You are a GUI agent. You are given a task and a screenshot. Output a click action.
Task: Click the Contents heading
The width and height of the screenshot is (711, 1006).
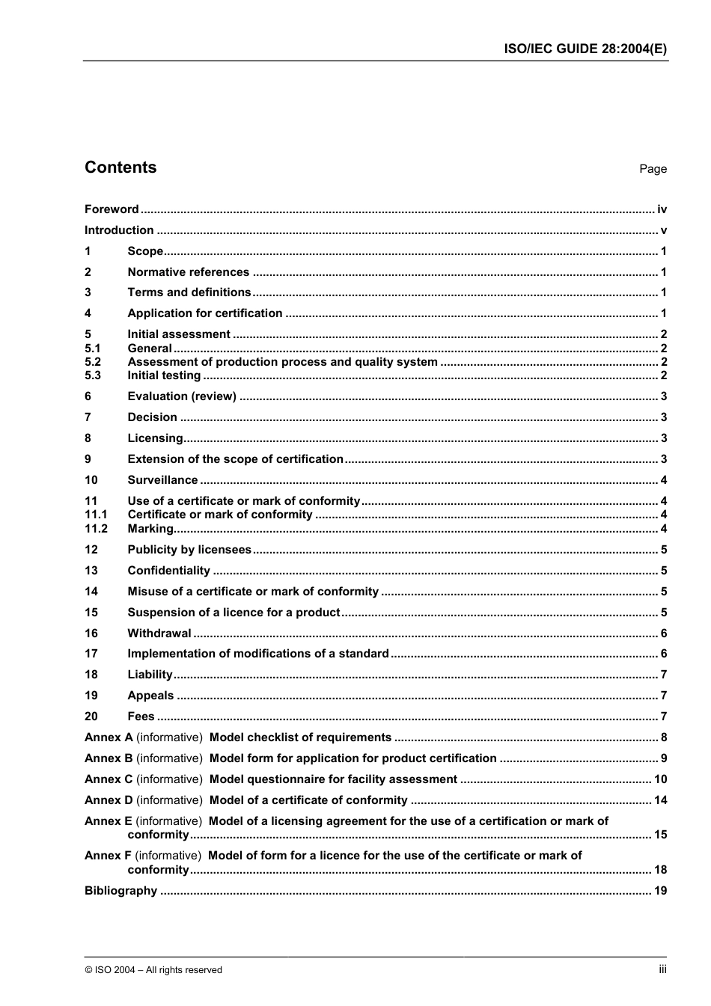pyautogui.click(x=120, y=168)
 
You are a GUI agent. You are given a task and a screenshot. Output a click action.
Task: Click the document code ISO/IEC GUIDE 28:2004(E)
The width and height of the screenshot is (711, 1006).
pyautogui.click(x=584, y=49)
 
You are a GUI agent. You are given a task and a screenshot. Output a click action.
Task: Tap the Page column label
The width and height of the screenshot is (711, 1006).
pyautogui.click(x=653, y=169)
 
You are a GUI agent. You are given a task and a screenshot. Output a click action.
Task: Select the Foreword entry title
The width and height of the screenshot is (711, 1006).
pyautogui.click(x=112, y=209)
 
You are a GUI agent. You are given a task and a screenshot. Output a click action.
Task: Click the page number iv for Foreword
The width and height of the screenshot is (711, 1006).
pyautogui.click(x=662, y=209)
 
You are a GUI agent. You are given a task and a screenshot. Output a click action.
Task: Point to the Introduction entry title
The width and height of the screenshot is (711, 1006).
pyautogui.click(x=119, y=230)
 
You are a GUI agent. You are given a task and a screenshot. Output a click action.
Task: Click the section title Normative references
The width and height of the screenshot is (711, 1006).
pyautogui.click(x=188, y=272)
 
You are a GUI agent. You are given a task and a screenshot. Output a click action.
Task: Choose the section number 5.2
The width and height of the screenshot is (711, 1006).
pyautogui.click(x=93, y=362)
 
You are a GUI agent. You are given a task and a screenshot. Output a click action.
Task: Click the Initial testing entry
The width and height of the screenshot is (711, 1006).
pyautogui.click(x=164, y=375)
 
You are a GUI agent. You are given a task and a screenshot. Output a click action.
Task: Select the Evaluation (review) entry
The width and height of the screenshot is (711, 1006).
pyautogui.click(x=182, y=396)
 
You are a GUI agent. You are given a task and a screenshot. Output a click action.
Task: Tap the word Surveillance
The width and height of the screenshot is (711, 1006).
pyautogui.click(x=162, y=480)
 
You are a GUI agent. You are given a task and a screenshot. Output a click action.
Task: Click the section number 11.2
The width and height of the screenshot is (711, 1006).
pyautogui.click(x=96, y=529)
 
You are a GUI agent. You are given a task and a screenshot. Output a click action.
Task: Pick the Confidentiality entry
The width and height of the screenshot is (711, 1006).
pyautogui.click(x=168, y=571)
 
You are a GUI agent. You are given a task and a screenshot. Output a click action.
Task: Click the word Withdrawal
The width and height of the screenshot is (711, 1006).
pyautogui.click(x=159, y=634)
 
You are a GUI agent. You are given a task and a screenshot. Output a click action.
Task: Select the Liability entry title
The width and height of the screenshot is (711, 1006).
pyautogui.click(x=150, y=675)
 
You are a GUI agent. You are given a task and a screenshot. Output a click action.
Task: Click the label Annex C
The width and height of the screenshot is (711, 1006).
pyautogui.click(x=109, y=779)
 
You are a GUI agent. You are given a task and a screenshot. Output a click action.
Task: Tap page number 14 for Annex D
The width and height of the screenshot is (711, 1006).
pyautogui.click(x=660, y=800)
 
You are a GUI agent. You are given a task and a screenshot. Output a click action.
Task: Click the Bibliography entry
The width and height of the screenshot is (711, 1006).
pyautogui.click(x=120, y=891)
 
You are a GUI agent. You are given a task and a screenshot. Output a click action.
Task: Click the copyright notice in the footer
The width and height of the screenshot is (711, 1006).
pyautogui.click(x=153, y=970)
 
